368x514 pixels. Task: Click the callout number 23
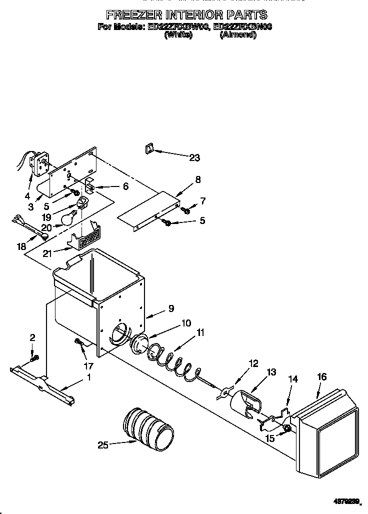tap(194, 158)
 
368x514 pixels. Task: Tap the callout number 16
tap(321, 376)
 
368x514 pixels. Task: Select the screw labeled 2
tap(34, 357)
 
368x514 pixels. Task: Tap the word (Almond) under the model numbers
tap(238, 35)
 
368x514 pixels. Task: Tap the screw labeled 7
tap(186, 210)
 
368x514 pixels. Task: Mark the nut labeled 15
tap(287, 428)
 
